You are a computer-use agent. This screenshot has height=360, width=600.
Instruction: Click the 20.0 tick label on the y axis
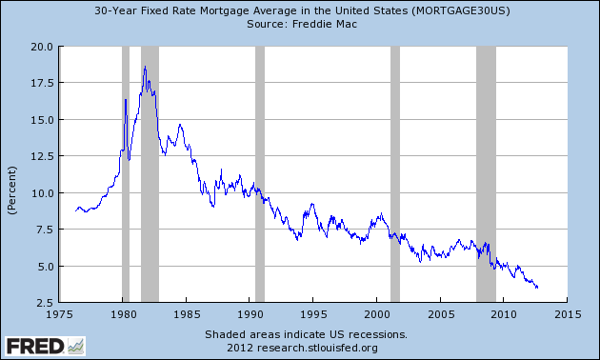[41, 46]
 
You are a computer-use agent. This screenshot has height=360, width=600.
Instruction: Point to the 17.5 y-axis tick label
[41, 83]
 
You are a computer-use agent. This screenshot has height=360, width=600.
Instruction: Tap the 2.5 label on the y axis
[44, 303]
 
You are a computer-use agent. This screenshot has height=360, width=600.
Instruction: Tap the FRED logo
[43, 344]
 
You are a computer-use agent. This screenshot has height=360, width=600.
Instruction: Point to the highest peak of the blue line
[145, 67]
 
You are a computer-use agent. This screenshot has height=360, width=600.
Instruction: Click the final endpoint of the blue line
[539, 287]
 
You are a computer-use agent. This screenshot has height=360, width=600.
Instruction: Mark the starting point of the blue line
[76, 210]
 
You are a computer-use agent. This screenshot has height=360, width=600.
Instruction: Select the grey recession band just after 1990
[259, 174]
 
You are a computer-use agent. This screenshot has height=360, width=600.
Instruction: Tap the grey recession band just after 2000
[395, 174]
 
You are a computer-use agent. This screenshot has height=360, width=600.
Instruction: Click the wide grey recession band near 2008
[486, 174]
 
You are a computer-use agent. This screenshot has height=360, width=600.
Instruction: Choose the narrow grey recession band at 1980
[126, 174]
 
